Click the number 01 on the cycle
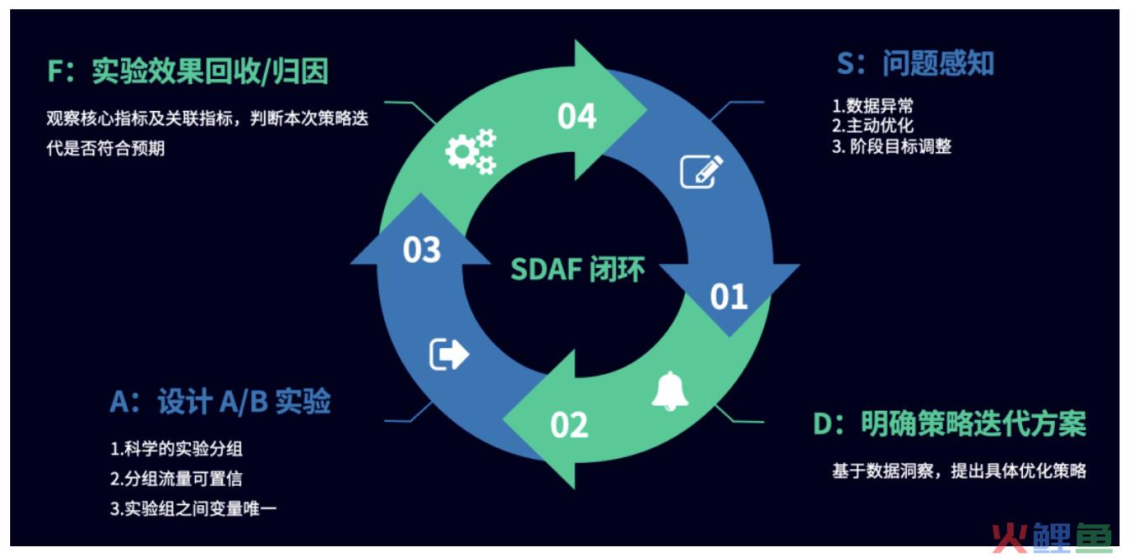[729, 297]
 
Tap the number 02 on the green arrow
[569, 425]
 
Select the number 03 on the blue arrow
[422, 250]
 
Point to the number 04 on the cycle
[577, 116]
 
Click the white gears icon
[471, 152]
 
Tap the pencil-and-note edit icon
[702, 171]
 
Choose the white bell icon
[670, 391]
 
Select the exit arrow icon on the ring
[449, 354]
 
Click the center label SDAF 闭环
[577, 269]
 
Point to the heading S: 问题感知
[915, 64]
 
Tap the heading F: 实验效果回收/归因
[187, 71]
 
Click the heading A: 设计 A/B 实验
[220, 403]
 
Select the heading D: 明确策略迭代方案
[950, 424]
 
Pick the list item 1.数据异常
[872, 106]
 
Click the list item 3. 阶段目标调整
[892, 147]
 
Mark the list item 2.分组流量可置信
[177, 478]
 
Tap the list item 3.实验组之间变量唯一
[193, 508]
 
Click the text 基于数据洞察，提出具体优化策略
[959, 471]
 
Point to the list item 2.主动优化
[872, 125]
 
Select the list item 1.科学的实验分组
[177, 449]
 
